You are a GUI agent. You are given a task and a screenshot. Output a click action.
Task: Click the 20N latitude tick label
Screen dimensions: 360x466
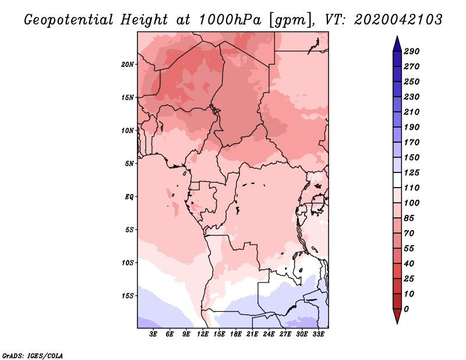click(128, 64)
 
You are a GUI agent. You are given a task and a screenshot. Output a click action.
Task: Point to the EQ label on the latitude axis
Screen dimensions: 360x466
click(129, 196)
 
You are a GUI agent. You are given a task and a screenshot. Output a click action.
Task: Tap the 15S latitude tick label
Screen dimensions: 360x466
click(128, 295)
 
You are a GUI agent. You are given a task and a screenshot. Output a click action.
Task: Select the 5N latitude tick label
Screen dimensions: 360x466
click(129, 164)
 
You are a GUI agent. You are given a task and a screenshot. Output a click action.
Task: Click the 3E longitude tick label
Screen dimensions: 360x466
click(154, 334)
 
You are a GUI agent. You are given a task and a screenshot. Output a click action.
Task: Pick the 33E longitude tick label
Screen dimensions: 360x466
click(318, 334)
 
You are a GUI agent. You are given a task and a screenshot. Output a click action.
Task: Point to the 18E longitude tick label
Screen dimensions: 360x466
click(236, 334)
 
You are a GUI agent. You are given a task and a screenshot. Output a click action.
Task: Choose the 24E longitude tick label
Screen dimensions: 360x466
click(269, 334)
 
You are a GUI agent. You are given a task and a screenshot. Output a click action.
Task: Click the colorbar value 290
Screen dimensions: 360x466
click(411, 51)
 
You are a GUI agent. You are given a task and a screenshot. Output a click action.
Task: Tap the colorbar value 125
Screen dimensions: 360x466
click(411, 173)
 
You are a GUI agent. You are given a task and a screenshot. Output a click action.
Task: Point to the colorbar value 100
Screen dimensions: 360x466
click(411, 203)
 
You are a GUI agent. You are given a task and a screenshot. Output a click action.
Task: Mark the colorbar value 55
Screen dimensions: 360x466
click(409, 249)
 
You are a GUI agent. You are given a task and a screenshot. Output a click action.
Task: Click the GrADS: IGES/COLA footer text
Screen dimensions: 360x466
click(32, 355)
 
